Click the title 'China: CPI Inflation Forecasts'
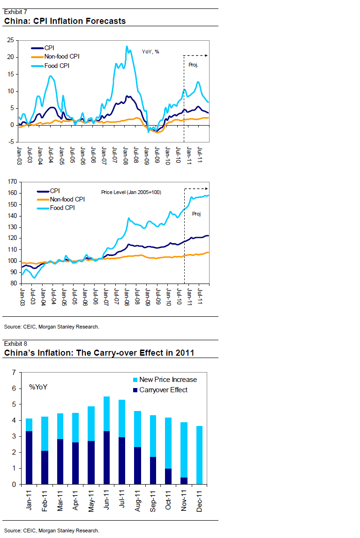coord(65,21)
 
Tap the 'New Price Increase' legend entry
coord(168,380)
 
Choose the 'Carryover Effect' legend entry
coord(163,390)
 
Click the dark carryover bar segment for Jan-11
coord(29,457)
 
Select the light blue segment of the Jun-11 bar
coord(106,414)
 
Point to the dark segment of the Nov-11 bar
coord(183,481)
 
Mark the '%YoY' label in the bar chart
coord(38,387)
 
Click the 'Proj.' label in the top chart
coord(193,65)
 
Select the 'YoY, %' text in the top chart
coord(150,52)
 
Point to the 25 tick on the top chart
coord(10,40)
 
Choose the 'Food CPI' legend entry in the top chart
coord(57,66)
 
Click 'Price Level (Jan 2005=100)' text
coord(131,192)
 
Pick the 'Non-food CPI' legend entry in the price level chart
coord(67,199)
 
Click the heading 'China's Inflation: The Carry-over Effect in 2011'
coord(99,353)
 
